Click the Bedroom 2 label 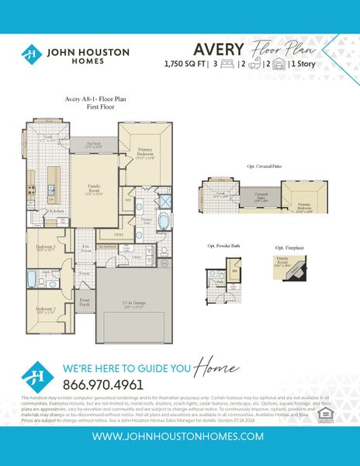[x=47, y=309]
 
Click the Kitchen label [x=57, y=210]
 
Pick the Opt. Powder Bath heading [x=225, y=245]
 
